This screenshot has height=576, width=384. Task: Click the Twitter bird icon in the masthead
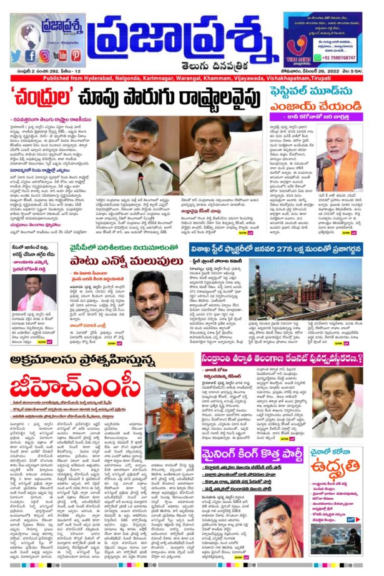pyautogui.click(x=15, y=56)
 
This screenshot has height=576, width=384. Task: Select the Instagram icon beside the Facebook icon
pyautogui.click(x=44, y=56)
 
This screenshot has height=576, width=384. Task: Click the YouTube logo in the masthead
pyautogui.click(x=60, y=56)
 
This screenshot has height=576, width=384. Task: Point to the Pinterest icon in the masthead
pyautogui.click(x=76, y=56)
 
